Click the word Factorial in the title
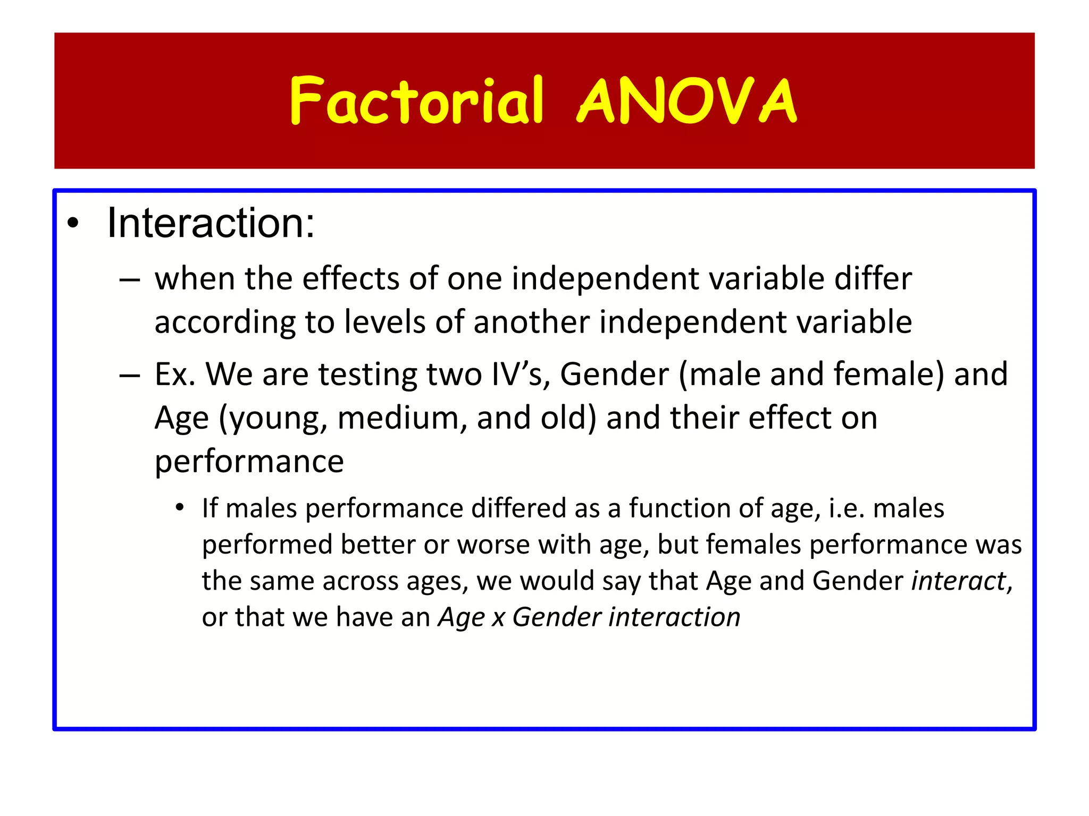(x=416, y=101)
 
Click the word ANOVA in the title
(x=687, y=101)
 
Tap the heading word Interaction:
(x=211, y=223)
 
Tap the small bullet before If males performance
(x=180, y=508)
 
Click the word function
(x=679, y=508)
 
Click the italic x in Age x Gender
(x=498, y=618)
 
